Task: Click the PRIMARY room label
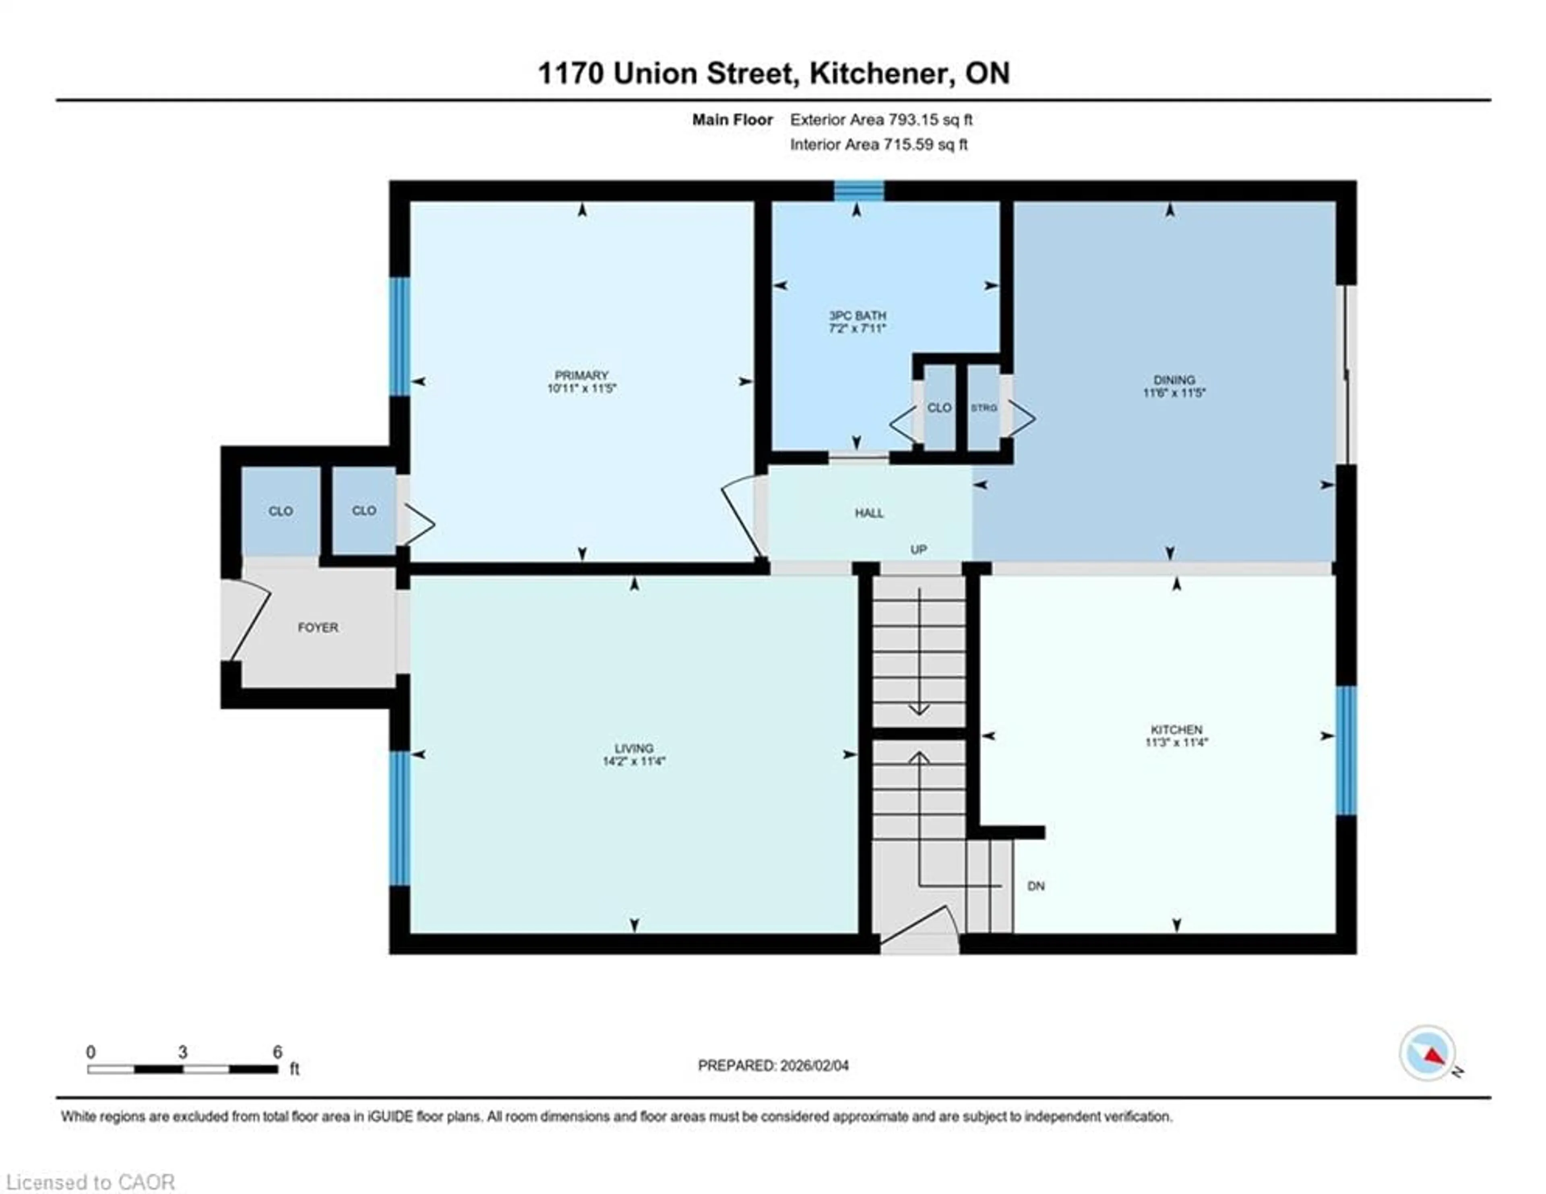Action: click(581, 375)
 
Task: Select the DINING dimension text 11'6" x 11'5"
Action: click(1174, 392)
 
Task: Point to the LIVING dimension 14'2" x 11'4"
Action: click(634, 761)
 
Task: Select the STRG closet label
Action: click(983, 408)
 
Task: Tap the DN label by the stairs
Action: click(1035, 886)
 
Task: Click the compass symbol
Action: click(1427, 1073)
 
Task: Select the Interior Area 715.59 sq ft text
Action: click(878, 145)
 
